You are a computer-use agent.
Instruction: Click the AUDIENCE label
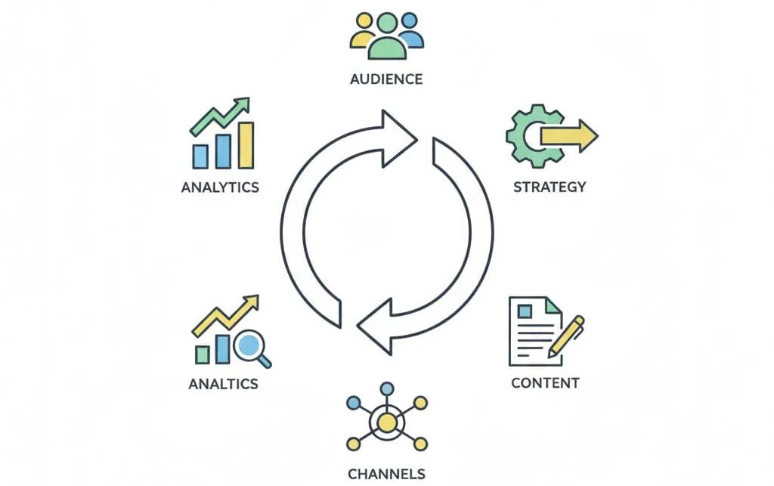(x=386, y=79)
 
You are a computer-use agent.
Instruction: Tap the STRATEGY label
(x=550, y=187)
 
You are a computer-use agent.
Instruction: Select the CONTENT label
(x=545, y=383)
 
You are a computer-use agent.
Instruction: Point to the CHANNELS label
(x=386, y=474)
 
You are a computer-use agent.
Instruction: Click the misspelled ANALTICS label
(x=223, y=384)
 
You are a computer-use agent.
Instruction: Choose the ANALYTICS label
(x=220, y=187)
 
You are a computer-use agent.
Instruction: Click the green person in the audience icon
(x=387, y=37)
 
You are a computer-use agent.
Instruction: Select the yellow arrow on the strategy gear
(x=569, y=135)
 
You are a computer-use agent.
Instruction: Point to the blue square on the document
(x=525, y=311)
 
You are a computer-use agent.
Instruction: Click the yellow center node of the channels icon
(x=387, y=423)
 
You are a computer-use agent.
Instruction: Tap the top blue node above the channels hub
(x=387, y=388)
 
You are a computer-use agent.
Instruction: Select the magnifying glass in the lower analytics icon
(x=251, y=348)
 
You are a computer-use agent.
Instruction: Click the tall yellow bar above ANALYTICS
(x=246, y=145)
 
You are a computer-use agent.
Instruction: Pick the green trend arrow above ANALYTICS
(x=220, y=116)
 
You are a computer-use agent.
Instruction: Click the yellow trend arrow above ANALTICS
(x=225, y=316)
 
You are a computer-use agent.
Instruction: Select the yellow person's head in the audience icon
(x=364, y=20)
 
